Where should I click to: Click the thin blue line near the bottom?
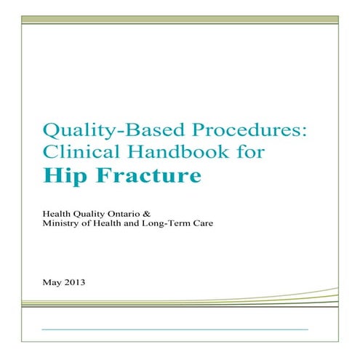(175, 329)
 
